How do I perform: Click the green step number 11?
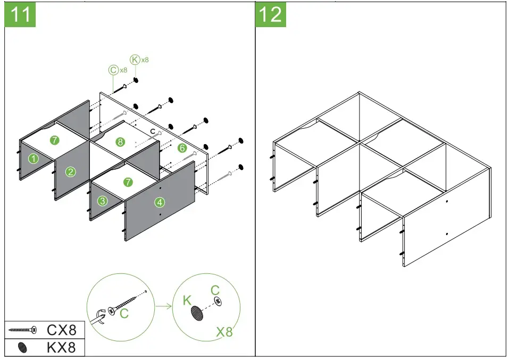[21, 14]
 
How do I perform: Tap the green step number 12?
[271, 14]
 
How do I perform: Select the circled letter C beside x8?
[113, 70]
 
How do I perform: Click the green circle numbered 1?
[33, 158]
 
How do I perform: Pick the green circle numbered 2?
[71, 171]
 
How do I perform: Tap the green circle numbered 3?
[103, 201]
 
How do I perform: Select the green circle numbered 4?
[160, 202]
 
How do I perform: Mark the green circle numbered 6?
[182, 148]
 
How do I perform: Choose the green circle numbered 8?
[120, 142]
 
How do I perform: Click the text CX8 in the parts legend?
[62, 330]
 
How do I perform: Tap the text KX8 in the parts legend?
[62, 348]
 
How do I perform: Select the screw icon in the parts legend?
[23, 330]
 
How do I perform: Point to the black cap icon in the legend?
[22, 348]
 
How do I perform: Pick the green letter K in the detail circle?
[187, 300]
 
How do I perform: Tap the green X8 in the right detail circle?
[224, 332]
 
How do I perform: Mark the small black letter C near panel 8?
[153, 131]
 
